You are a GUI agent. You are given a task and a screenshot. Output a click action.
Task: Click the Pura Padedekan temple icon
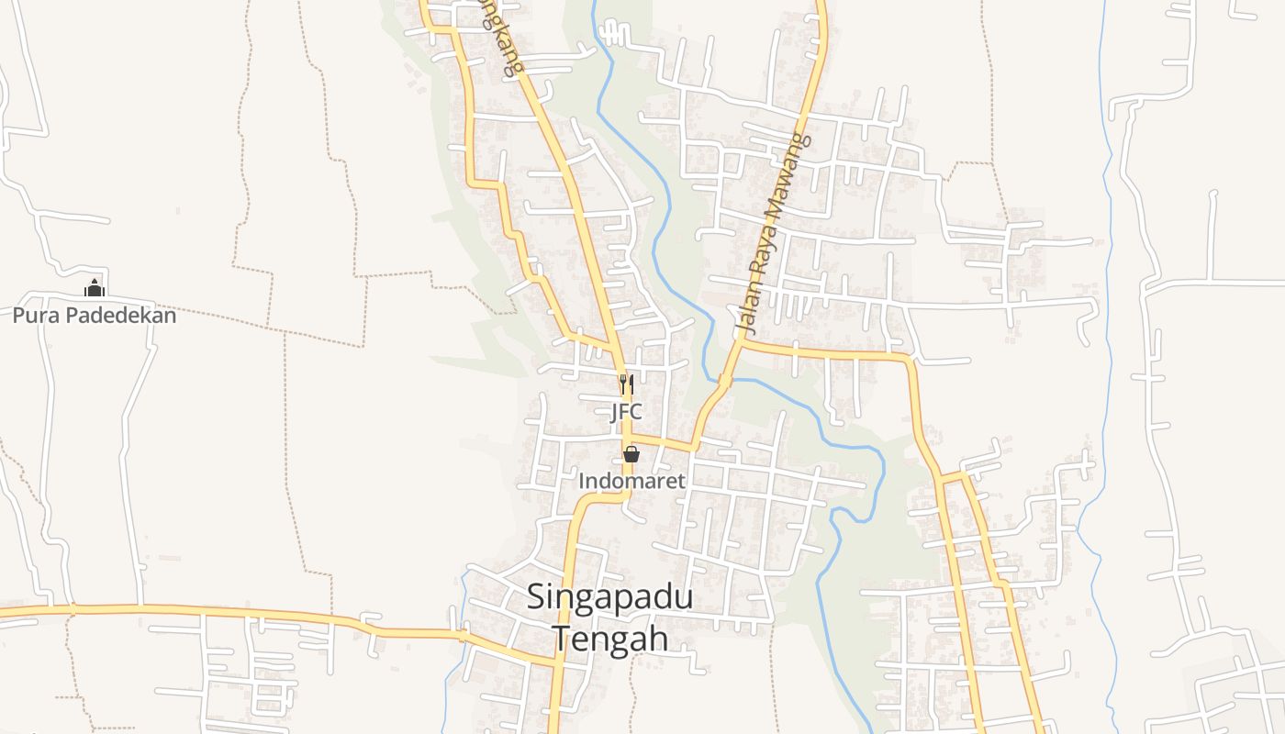coord(94,288)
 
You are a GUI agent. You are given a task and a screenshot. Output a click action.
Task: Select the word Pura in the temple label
coord(32,316)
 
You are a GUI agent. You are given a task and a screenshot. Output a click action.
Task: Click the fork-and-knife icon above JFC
coord(627,384)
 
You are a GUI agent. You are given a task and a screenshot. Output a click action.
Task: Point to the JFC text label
coord(627,412)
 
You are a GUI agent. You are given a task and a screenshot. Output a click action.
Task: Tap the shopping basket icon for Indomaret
coord(631,453)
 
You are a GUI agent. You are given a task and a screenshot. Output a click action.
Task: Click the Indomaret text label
coord(631,480)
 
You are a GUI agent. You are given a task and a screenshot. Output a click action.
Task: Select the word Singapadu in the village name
coord(609,597)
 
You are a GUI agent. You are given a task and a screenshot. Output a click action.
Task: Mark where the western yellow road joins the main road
coord(555,661)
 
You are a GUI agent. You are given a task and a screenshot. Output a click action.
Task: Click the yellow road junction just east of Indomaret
coord(693,448)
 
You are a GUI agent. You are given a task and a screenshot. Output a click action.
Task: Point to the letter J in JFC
coord(616,412)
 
